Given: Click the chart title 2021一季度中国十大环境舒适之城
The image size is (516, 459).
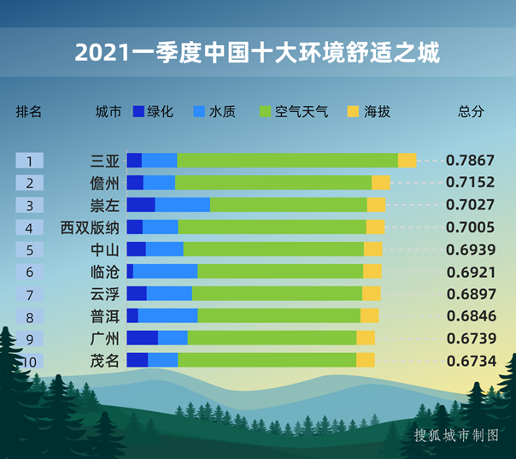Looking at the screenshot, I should (257, 53).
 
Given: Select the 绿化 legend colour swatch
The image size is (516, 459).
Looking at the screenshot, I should (138, 112).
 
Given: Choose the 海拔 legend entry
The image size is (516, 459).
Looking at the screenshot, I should (368, 112).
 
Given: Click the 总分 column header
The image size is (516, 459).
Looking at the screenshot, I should (471, 112).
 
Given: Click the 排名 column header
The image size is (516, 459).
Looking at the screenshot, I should (28, 112).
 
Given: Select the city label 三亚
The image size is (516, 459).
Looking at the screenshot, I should (105, 161).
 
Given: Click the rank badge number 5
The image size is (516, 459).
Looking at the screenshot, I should (29, 250).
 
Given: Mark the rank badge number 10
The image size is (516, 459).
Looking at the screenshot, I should (29, 361).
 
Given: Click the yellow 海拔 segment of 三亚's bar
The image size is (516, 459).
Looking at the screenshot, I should (408, 161).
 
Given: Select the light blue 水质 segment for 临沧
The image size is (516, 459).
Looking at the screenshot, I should (165, 272).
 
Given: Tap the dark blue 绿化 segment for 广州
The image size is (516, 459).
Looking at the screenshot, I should (142, 338).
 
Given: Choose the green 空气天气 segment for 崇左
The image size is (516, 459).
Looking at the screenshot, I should (288, 205).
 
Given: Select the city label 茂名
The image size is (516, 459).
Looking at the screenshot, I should (105, 361).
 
